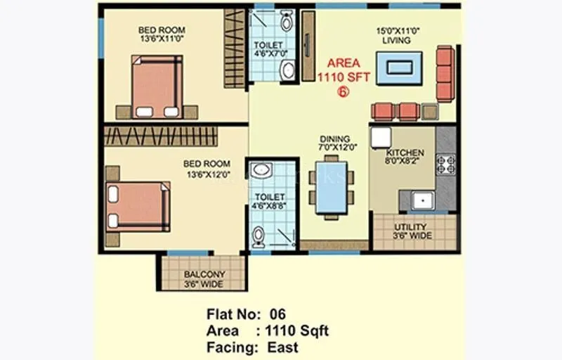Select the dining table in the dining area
tap(330, 187)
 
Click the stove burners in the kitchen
tap(445, 165)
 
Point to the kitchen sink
tap(423, 200)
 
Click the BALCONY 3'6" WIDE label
tap(204, 279)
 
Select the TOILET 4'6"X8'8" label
tap(269, 202)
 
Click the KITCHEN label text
tap(405, 153)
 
